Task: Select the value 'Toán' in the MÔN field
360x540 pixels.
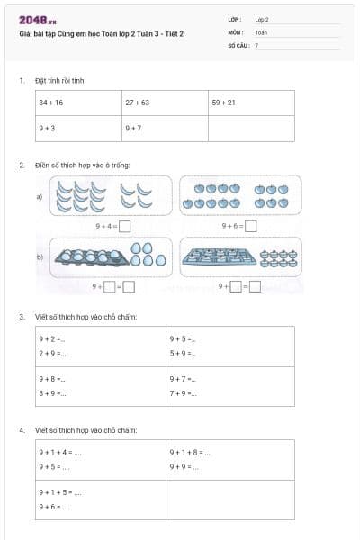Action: (x=261, y=31)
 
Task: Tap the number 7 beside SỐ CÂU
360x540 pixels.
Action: (x=256, y=44)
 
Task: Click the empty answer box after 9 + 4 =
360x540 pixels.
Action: (x=125, y=227)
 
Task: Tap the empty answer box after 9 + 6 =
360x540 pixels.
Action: (x=250, y=227)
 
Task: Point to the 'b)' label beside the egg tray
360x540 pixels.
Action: (x=40, y=257)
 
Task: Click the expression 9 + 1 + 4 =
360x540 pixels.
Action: (x=60, y=452)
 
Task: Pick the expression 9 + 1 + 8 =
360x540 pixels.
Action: (x=189, y=452)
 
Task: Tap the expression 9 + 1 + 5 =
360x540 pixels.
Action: (x=60, y=492)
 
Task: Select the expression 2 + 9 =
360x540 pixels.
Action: (x=52, y=354)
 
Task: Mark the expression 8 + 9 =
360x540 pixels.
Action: (x=52, y=393)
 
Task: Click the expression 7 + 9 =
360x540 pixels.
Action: (x=183, y=393)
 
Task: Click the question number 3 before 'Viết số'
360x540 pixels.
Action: (x=22, y=317)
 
